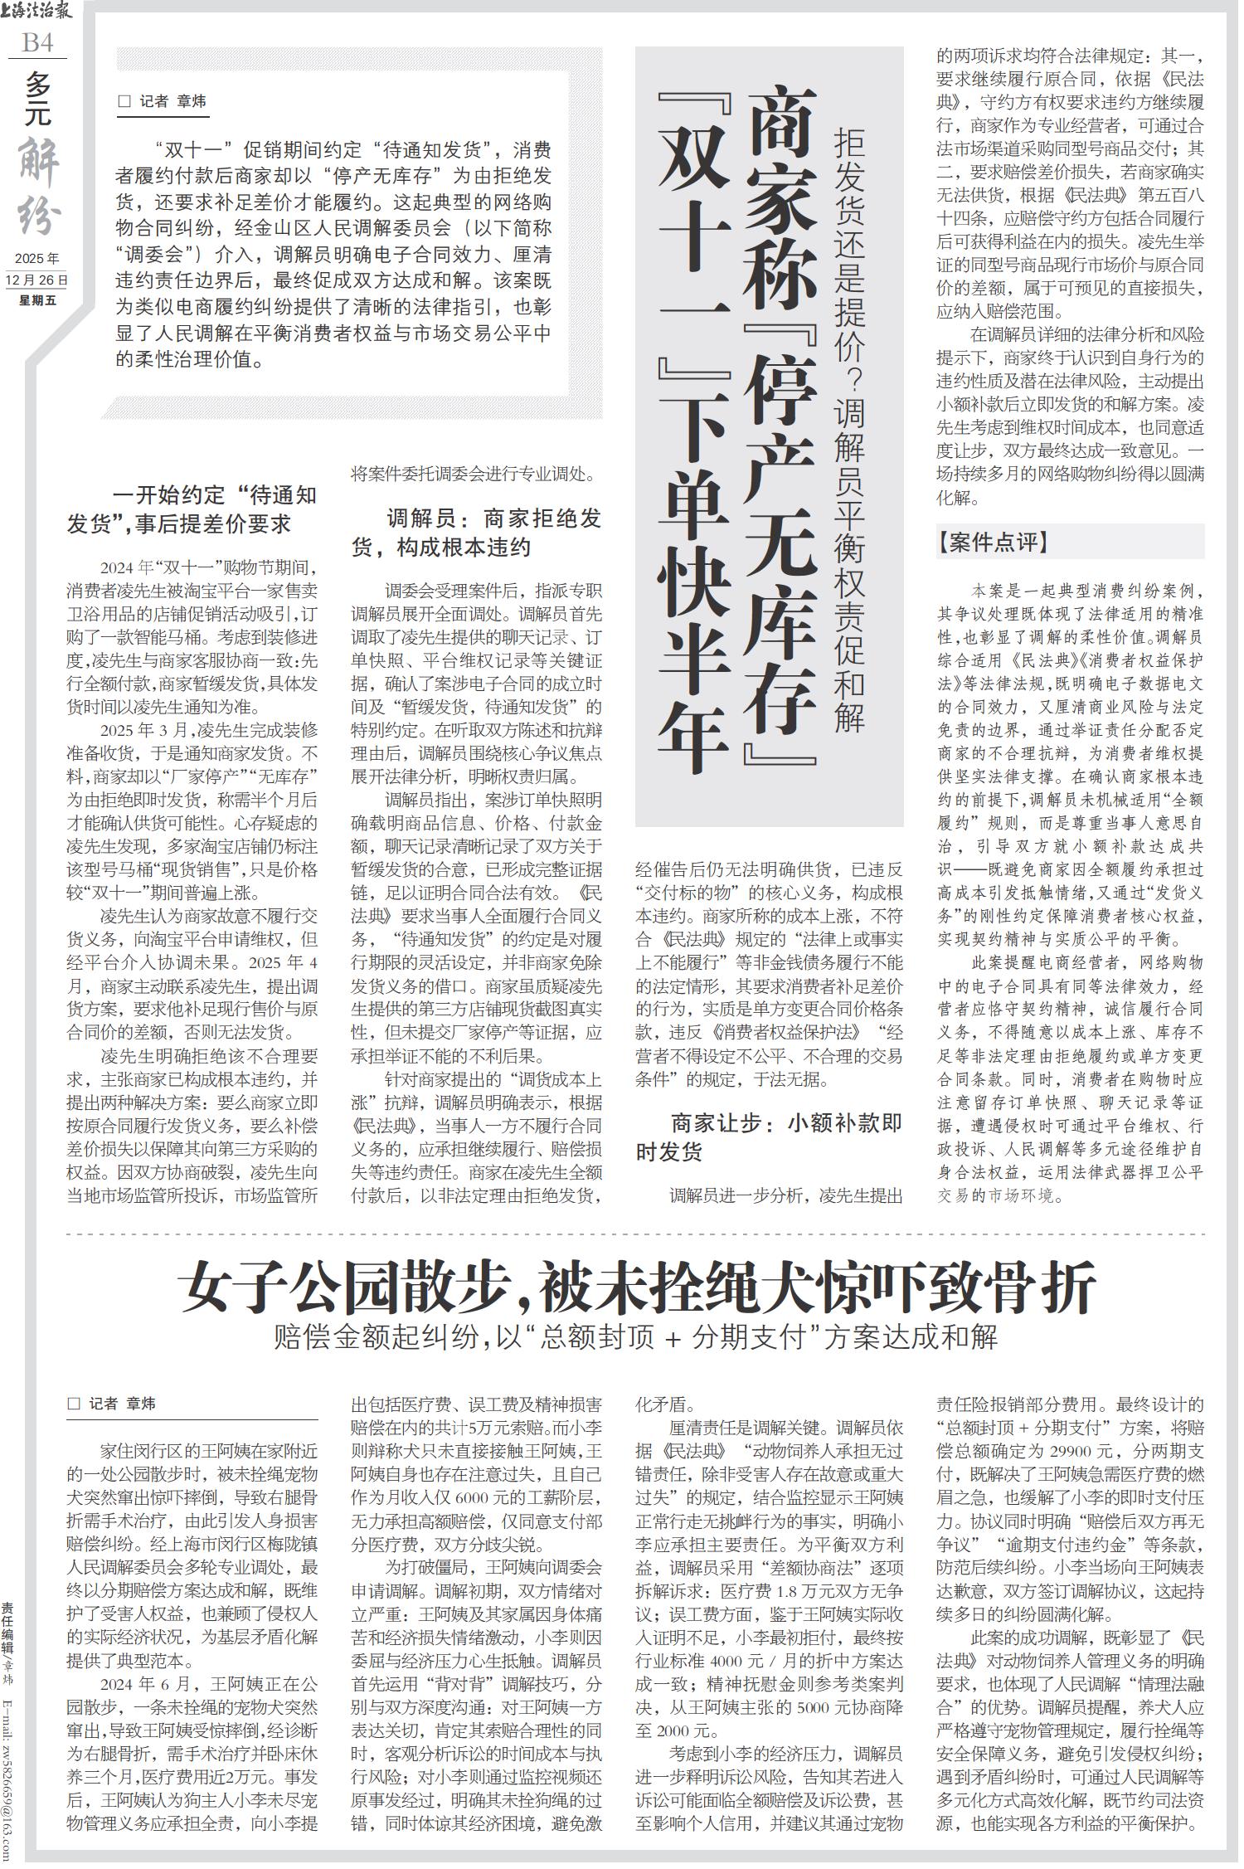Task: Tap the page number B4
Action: pos(38,42)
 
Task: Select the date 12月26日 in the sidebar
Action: pos(37,280)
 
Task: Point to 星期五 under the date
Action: pos(37,299)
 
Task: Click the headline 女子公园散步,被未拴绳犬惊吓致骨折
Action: pos(636,1287)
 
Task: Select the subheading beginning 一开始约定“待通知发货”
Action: pos(192,509)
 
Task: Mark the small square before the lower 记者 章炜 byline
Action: pos(74,1404)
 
